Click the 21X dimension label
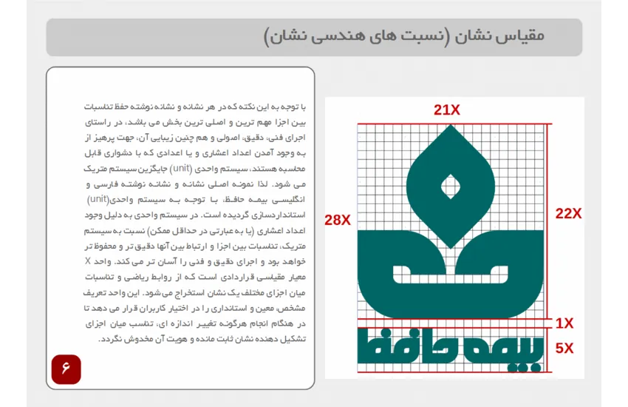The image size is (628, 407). tap(447, 110)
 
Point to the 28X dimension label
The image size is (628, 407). tap(338, 219)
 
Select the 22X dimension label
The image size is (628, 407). tap(568, 214)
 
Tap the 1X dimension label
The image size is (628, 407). tap(564, 323)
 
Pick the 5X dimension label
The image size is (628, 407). tap(564, 348)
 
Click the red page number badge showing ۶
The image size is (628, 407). tap(66, 369)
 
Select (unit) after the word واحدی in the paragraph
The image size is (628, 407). tap(98, 200)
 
